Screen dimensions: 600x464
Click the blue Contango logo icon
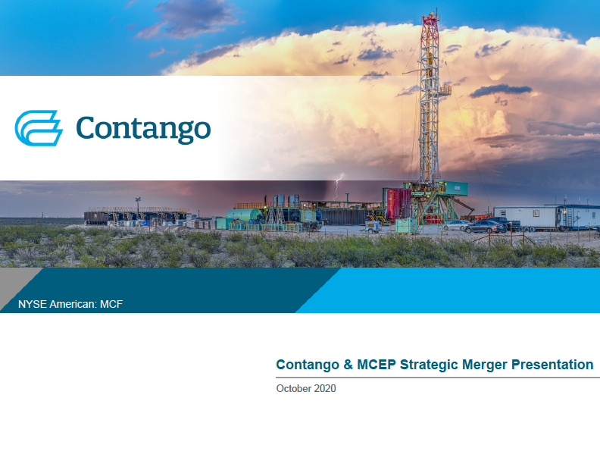click(39, 128)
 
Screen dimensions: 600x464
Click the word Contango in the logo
click(143, 130)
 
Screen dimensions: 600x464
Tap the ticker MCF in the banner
click(111, 304)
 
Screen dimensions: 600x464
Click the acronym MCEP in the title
click(377, 365)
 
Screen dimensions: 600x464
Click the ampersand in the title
click(348, 365)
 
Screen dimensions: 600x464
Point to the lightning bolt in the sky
click(339, 185)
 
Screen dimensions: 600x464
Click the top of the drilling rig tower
click(430, 14)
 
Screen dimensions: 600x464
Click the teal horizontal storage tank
click(244, 215)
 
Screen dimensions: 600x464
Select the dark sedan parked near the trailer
click(484, 227)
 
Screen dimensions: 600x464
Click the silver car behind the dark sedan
click(458, 225)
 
